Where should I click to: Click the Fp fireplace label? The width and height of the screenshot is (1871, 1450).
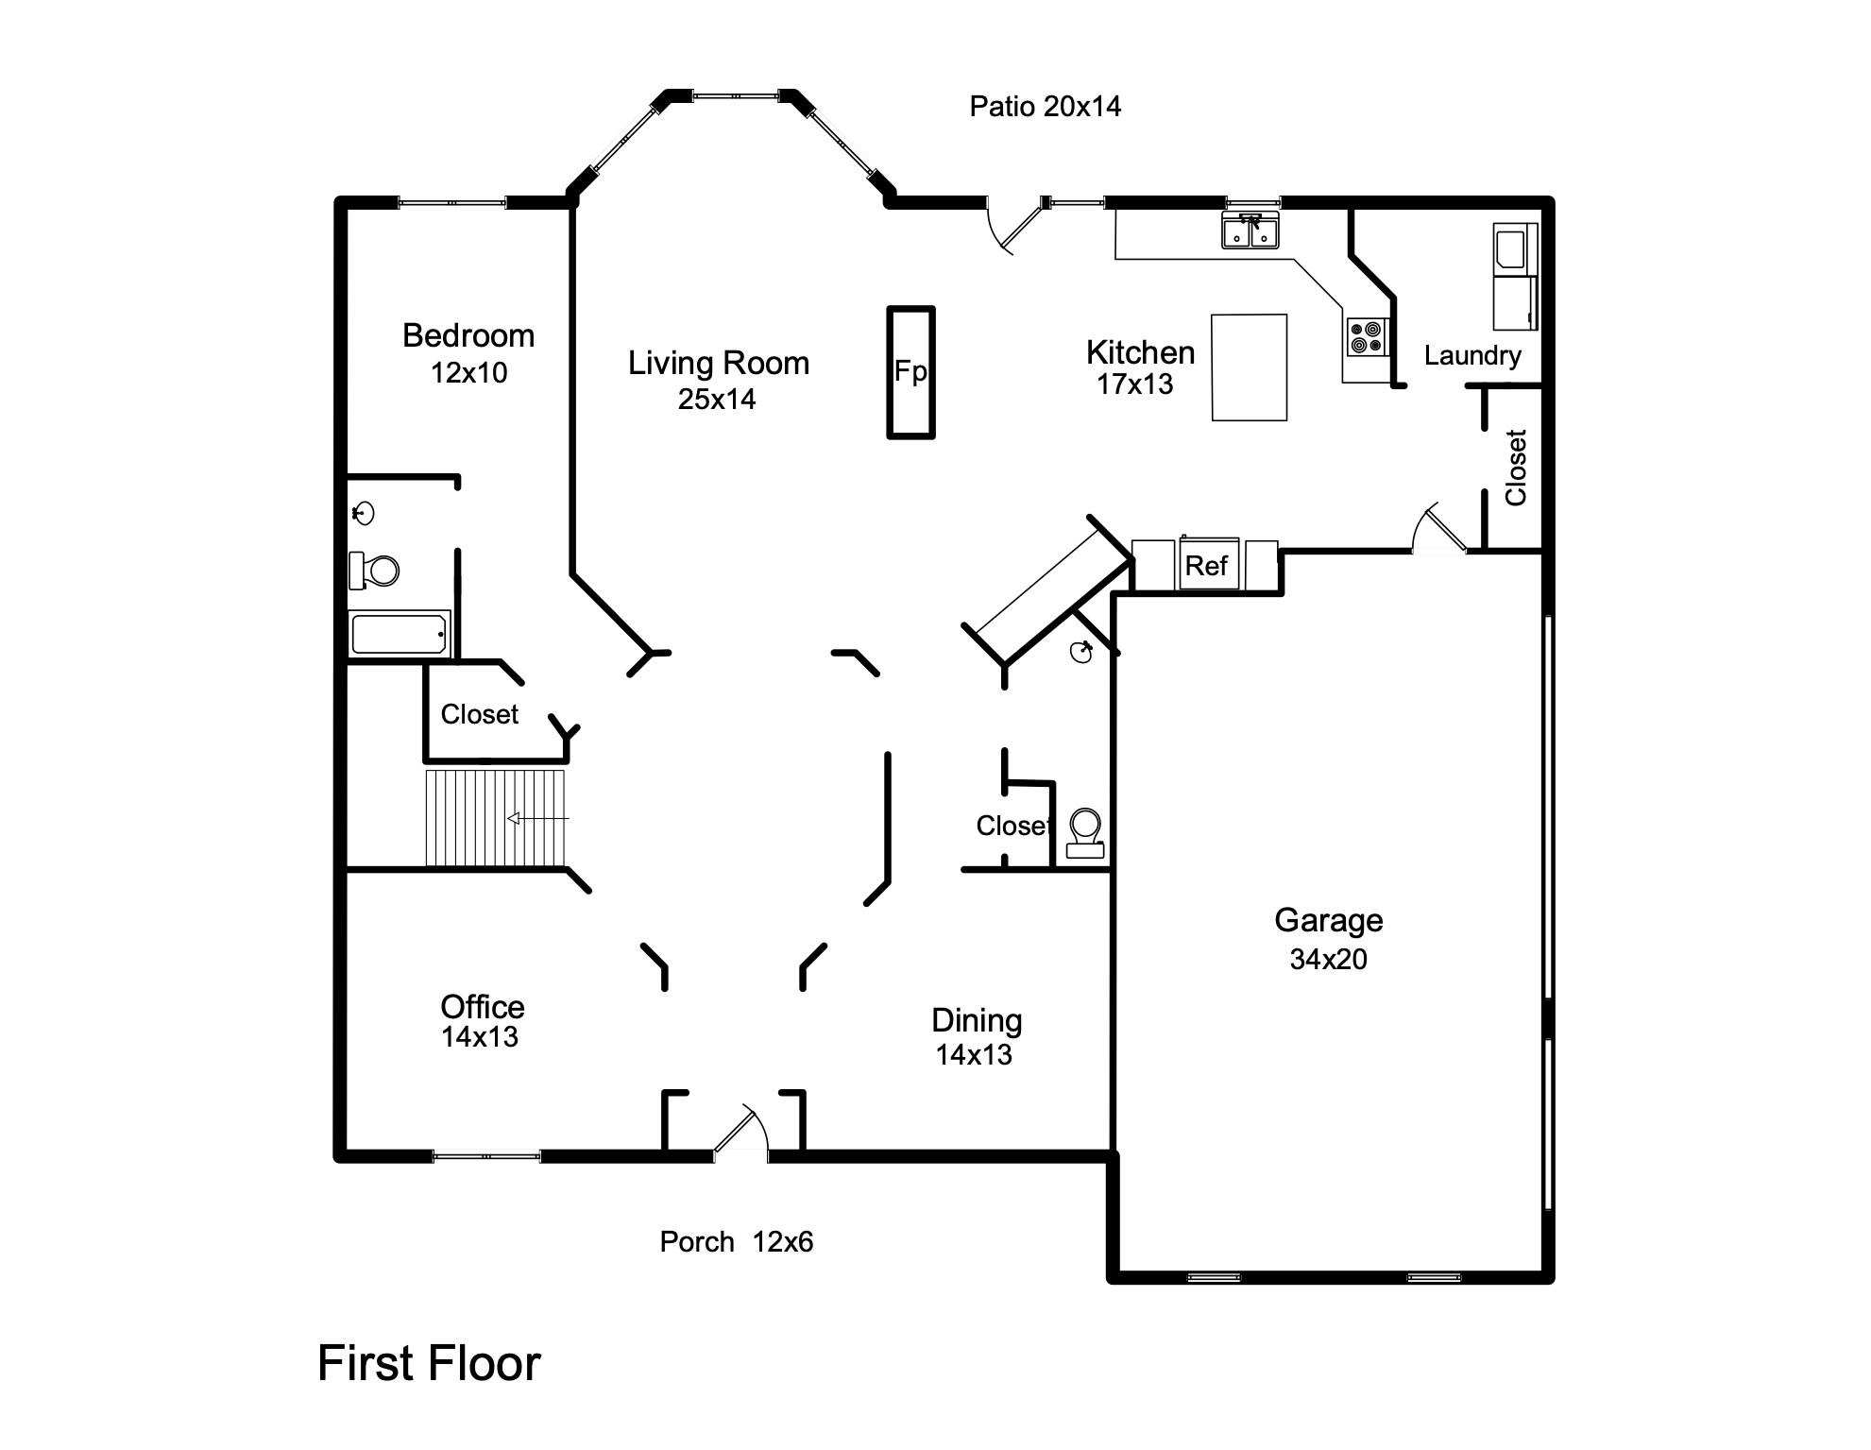910,371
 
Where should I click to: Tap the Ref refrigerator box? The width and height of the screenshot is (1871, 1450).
1206,565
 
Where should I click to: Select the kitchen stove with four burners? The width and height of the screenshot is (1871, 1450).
1367,337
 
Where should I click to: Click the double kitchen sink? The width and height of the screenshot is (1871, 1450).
1250,230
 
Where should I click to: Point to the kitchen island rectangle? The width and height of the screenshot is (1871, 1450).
1249,367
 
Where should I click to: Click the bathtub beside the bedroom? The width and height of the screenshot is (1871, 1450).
400,634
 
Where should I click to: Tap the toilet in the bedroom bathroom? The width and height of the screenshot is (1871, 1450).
375,571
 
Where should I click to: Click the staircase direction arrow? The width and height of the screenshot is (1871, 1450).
538,818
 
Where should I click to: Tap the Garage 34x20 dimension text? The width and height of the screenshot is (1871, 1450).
1328,959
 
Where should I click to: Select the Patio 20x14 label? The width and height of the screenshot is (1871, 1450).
1045,106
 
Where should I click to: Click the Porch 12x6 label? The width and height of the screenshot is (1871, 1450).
736,1241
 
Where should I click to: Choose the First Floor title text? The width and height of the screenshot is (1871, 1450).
429,1363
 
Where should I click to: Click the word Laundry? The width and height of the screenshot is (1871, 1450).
1471,355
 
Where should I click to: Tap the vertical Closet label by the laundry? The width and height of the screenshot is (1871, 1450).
1515,468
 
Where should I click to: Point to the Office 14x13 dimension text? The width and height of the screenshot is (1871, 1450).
480,1037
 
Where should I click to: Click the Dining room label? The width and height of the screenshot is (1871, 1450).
976,1020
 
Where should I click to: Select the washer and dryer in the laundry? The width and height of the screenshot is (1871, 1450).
1514,276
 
